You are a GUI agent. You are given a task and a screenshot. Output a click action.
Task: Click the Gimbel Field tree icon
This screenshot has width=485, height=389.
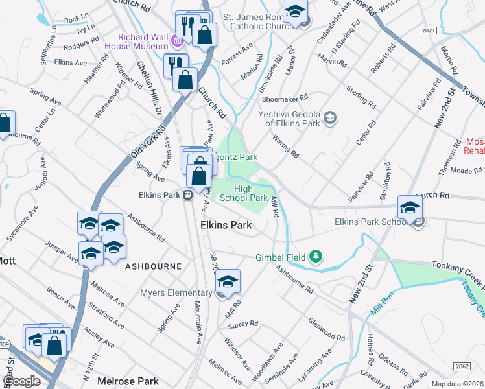(316, 257)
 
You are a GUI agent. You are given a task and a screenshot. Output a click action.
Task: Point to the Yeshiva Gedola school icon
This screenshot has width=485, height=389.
(330, 117)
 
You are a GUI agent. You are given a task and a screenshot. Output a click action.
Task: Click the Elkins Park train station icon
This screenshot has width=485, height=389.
(187, 194)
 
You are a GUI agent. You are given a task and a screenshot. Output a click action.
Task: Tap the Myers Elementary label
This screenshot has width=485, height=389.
(176, 293)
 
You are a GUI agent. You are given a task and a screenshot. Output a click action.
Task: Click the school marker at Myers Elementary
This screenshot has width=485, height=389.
(228, 282)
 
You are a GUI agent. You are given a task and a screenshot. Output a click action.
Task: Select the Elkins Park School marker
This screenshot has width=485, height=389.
(410, 208)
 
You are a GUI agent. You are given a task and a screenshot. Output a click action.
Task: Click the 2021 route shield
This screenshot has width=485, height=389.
(428, 30)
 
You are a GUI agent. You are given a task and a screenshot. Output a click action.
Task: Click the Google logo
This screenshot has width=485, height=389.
(21, 381)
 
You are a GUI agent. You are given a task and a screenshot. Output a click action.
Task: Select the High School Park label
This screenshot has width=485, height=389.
(243, 193)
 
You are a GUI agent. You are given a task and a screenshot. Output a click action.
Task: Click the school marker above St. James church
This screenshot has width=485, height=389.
(296, 13)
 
